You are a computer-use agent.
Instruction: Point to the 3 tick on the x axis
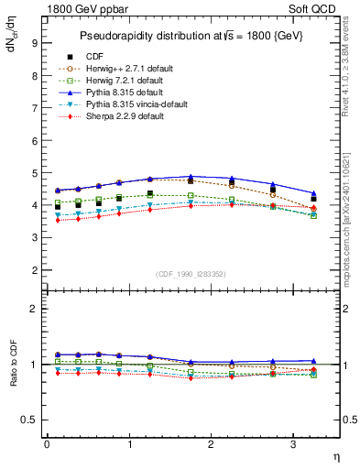click(293, 444)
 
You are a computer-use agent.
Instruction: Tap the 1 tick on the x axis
click(128, 444)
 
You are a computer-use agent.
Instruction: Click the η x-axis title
click(335, 456)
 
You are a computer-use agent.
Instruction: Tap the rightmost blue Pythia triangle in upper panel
click(314, 192)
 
